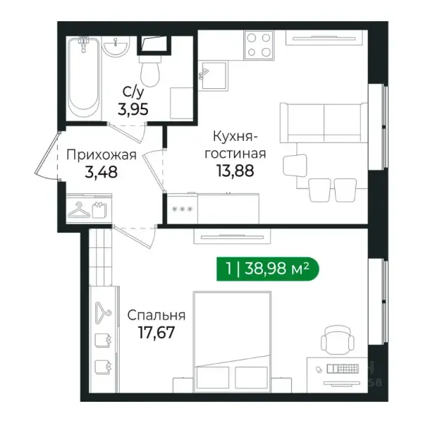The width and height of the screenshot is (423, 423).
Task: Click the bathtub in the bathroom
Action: pyautogui.click(x=83, y=78)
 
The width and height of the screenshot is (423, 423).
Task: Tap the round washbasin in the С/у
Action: pyautogui.click(x=116, y=47)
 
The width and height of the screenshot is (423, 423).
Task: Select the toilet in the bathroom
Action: pyautogui.click(x=150, y=70)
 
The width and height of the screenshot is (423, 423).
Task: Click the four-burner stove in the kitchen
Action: pyautogui.click(x=259, y=45)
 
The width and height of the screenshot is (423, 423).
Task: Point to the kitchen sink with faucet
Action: pyautogui.click(x=212, y=75)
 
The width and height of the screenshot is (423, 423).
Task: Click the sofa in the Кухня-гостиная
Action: pyautogui.click(x=324, y=123)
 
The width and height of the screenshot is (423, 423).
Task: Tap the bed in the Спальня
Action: pyautogui.click(x=232, y=342)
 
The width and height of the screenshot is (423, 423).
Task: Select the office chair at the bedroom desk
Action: pyautogui.click(x=337, y=341)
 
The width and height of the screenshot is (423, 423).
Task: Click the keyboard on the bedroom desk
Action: pyautogui.click(x=343, y=369)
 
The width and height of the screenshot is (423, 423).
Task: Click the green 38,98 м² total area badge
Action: pyautogui.click(x=268, y=269)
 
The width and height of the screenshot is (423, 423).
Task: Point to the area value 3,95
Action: pyautogui.click(x=133, y=109)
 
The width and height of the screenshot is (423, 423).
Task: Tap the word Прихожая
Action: pyautogui.click(x=102, y=155)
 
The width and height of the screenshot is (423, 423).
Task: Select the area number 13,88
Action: pyautogui.click(x=235, y=171)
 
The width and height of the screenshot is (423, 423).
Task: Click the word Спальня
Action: pyautogui.click(x=157, y=315)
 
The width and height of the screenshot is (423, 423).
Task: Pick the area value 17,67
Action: pyautogui.click(x=157, y=332)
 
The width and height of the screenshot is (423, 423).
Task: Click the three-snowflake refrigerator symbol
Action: pyautogui.click(x=183, y=209)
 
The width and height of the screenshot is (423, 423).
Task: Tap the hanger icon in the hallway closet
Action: pyautogui.click(x=79, y=210)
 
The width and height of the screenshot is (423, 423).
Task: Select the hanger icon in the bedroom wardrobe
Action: pyautogui.click(x=103, y=313)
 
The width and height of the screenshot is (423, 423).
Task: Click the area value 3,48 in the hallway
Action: pyautogui.click(x=101, y=172)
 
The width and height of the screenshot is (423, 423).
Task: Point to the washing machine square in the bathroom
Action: pyautogui.click(x=182, y=103)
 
